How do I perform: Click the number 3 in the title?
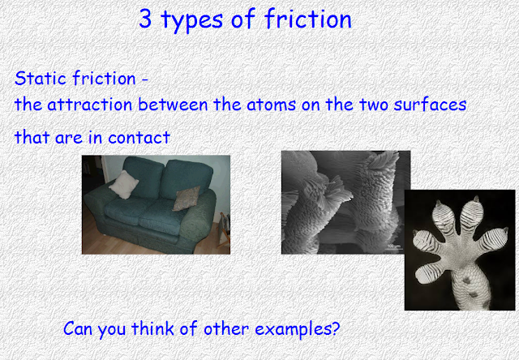(145, 19)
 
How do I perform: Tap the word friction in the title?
(308, 19)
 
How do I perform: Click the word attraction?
(90, 105)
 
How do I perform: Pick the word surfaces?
(430, 105)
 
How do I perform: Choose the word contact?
(139, 137)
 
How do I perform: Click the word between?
(173, 105)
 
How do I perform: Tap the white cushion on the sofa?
(123, 185)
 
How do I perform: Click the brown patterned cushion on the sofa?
(187, 199)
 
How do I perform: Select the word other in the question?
(226, 328)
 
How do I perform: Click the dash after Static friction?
(144, 79)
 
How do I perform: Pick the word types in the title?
(191, 19)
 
